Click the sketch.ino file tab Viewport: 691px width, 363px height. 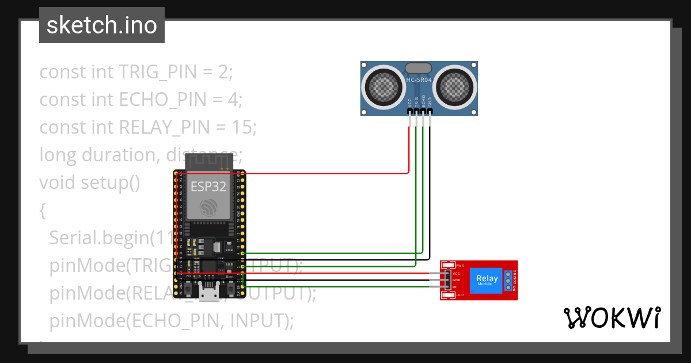click(101, 25)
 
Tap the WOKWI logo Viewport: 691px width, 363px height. click(612, 317)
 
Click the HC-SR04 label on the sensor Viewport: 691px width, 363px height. click(419, 80)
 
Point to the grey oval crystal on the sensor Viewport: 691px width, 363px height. click(419, 69)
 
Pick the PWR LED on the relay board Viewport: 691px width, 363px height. click(449, 266)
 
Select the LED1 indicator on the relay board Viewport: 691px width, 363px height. click(449, 295)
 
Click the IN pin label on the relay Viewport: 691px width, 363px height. click(454, 286)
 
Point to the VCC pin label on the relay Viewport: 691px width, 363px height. click(456, 273)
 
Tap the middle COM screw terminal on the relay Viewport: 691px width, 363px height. click(507, 280)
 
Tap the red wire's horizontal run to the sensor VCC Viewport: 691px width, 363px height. click(322, 172)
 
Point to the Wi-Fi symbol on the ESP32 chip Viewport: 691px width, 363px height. click(208, 207)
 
